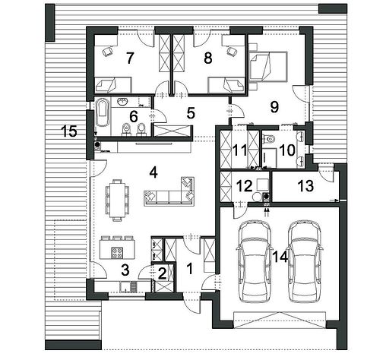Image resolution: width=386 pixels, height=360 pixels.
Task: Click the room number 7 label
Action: click(x=130, y=58)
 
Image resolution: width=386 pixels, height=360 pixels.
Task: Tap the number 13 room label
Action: click(x=305, y=186)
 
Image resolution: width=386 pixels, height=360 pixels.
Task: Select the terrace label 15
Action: click(x=69, y=131)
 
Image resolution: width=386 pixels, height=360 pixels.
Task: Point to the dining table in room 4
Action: click(x=117, y=201)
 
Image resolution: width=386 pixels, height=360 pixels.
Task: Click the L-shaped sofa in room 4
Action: click(x=169, y=191)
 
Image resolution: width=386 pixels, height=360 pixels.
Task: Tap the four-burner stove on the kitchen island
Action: click(x=117, y=253)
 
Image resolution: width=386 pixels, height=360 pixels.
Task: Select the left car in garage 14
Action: click(x=253, y=261)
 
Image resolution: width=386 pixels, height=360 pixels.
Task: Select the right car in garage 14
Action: click(x=305, y=261)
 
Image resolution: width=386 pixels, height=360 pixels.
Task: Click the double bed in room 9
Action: click(x=268, y=67)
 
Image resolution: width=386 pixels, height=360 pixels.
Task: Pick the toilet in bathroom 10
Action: click(x=269, y=138)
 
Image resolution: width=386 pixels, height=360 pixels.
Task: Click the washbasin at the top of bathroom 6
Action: click(x=123, y=102)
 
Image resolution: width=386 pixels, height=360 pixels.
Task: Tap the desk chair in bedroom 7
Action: click(x=107, y=52)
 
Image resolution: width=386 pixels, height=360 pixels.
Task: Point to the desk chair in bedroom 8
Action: click(x=232, y=51)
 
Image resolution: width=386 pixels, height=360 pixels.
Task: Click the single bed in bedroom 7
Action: click(x=113, y=85)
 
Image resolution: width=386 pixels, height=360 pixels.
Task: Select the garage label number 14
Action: click(x=280, y=257)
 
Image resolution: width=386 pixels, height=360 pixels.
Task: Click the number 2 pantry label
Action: click(x=162, y=273)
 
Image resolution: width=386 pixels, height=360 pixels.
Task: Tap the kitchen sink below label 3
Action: click(x=125, y=287)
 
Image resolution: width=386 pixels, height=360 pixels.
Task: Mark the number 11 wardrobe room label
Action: click(x=239, y=150)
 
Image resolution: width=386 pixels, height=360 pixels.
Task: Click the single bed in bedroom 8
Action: click(x=226, y=85)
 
